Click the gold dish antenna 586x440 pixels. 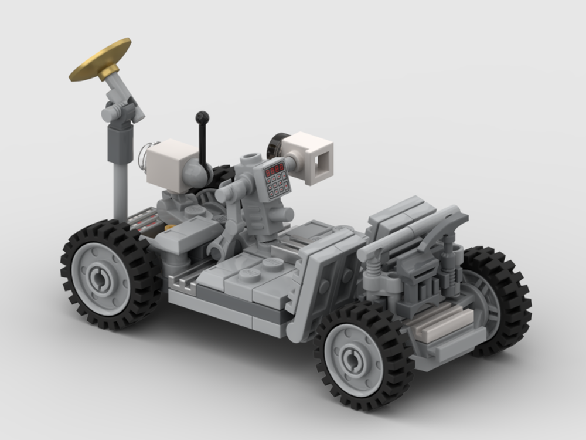coord(100,59)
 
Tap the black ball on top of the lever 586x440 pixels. coord(202,117)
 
